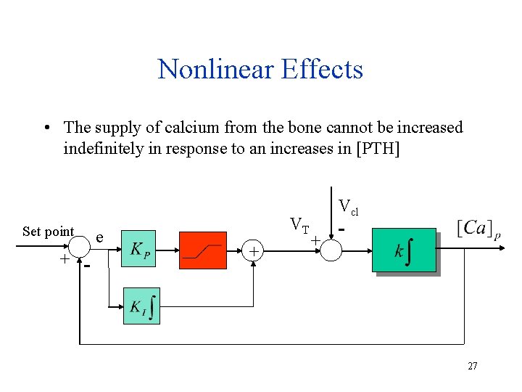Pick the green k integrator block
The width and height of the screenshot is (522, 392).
point(404,251)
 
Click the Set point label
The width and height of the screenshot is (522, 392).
point(48,232)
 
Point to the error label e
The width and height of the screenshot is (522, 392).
point(99,237)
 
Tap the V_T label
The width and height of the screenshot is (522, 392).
point(299,224)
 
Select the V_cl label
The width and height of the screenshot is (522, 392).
point(349,208)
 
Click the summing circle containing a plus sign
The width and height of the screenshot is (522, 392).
point(254,251)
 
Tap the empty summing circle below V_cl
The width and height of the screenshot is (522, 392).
point(330,250)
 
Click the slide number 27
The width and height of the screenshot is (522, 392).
point(472,366)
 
